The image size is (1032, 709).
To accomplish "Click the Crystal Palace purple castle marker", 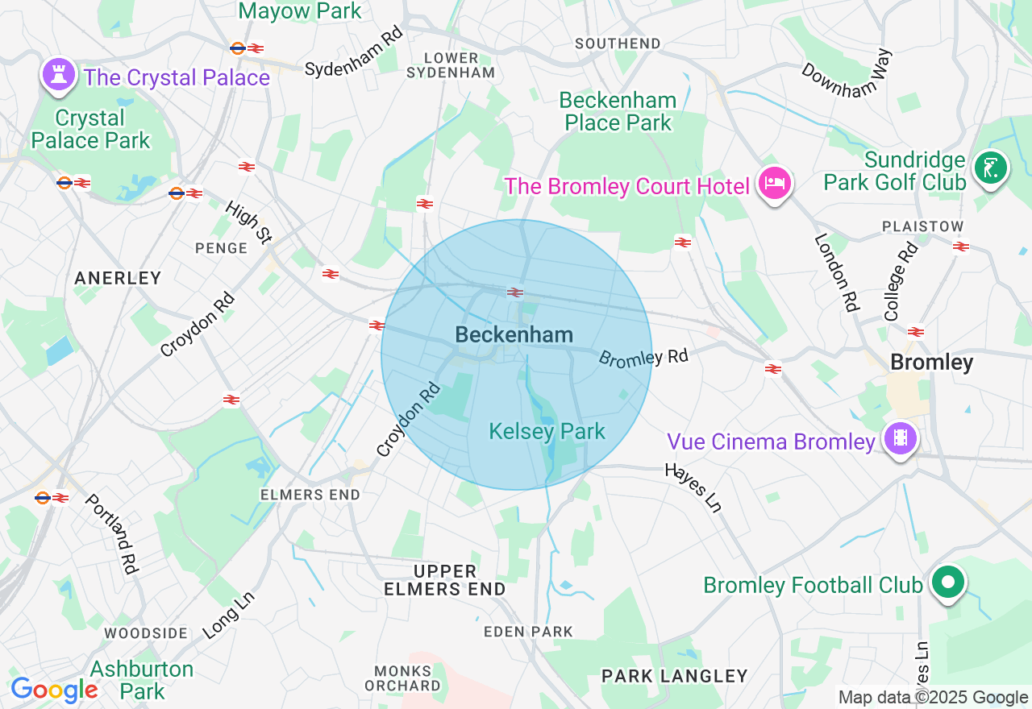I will click(59, 75).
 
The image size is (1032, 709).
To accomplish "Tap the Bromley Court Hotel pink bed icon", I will click(775, 184).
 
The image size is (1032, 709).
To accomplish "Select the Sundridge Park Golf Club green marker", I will click(991, 169).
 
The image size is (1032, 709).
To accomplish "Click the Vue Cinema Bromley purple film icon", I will click(900, 439).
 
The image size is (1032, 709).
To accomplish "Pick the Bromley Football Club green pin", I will click(948, 583).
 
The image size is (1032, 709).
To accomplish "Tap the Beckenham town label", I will click(514, 335).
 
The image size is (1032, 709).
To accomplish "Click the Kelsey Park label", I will click(547, 432).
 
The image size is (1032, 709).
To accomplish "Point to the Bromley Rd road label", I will click(643, 358).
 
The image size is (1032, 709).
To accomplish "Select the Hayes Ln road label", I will click(693, 487).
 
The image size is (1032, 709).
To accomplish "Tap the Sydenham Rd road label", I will click(353, 56).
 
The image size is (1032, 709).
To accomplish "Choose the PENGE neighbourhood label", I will click(221, 248).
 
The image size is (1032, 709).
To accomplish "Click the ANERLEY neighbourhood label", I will click(118, 278).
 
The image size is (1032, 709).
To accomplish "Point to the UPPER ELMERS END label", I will click(445, 580).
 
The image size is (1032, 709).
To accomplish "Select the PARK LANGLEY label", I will click(675, 675).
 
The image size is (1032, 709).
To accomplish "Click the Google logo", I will click(54, 690).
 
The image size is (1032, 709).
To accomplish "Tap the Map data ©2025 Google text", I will click(933, 698).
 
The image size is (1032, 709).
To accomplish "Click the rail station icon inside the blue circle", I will click(515, 292).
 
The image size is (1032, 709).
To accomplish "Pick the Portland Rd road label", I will click(111, 533).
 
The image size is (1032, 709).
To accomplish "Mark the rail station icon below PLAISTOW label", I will click(960, 247).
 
